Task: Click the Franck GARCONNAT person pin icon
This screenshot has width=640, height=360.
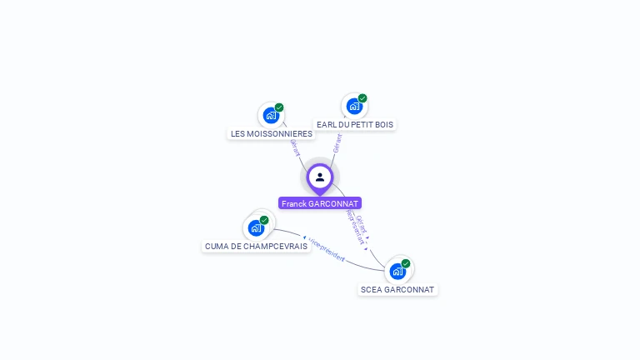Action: click(x=320, y=177)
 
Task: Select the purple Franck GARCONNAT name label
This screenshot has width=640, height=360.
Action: click(x=320, y=203)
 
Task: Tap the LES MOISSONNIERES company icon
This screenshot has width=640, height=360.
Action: click(x=271, y=115)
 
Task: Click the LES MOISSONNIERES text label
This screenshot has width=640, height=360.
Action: click(x=272, y=133)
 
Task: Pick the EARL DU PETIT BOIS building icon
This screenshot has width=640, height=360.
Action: click(x=354, y=106)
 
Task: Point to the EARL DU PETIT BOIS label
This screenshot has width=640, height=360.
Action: click(x=355, y=124)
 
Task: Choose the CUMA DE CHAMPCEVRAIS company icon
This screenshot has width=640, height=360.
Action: click(x=256, y=227)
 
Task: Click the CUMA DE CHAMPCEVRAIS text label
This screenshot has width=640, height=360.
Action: click(x=256, y=246)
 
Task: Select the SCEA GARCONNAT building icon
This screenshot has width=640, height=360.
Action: click(x=397, y=271)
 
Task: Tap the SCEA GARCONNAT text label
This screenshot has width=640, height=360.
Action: click(x=397, y=289)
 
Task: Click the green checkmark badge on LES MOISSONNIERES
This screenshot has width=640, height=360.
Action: click(x=279, y=107)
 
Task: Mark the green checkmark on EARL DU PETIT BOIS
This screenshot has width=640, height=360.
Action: click(x=362, y=98)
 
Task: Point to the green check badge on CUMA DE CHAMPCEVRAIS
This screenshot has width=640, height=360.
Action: click(x=264, y=220)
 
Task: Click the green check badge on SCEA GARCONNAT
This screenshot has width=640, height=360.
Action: click(x=406, y=263)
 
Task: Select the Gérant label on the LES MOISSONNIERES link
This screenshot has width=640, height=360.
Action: click(x=294, y=147)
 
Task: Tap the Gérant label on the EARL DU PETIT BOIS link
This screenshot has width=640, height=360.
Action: click(x=337, y=142)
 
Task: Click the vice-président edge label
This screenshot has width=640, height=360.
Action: click(x=326, y=249)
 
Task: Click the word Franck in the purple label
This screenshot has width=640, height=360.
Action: click(x=293, y=203)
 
